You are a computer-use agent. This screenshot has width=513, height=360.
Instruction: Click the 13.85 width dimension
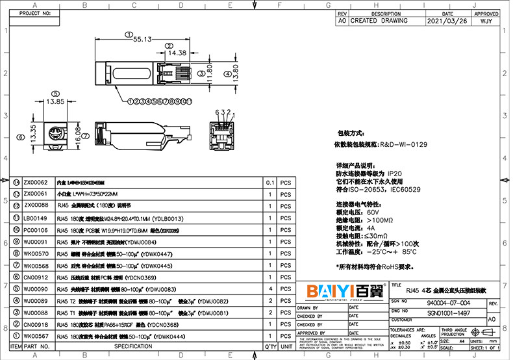point(55,101)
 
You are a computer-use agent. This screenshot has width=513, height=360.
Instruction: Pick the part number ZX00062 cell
point(36,183)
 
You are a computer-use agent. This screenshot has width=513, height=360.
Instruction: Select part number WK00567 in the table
point(36,336)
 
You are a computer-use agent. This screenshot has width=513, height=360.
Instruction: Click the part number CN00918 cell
point(36,324)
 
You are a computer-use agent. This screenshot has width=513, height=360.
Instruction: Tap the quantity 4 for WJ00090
point(269,289)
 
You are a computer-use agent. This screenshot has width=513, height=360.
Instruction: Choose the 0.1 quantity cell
point(269,183)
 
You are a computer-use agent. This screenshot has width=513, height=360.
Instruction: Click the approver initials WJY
point(486,21)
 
